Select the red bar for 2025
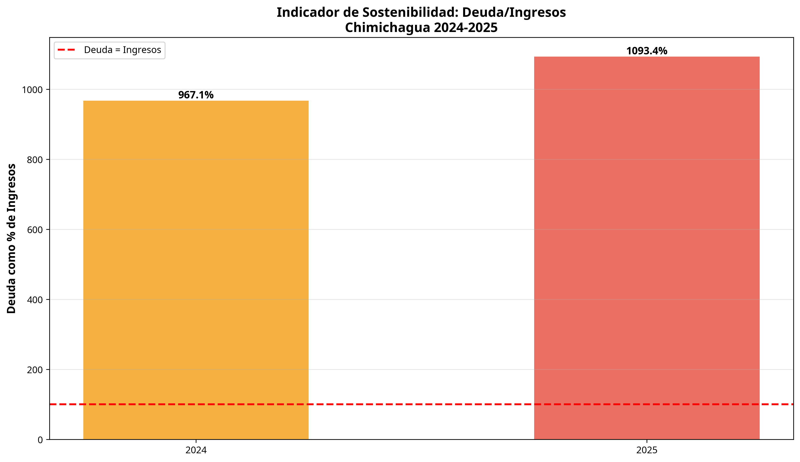point(646,247)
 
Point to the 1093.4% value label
point(646,51)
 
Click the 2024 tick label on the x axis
point(196,450)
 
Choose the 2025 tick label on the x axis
point(647,450)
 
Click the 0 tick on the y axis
point(40,440)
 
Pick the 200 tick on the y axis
point(35,370)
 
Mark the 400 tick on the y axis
point(35,300)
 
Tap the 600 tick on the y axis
point(35,230)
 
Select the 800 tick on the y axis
point(35,160)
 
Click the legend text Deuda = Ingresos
point(123,50)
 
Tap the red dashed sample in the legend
point(66,50)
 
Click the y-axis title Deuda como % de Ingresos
point(11,238)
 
